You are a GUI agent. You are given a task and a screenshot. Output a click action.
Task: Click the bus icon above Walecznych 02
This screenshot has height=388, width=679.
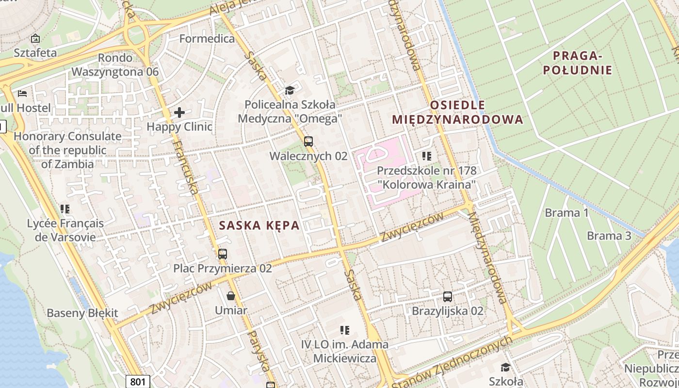tap(308, 142)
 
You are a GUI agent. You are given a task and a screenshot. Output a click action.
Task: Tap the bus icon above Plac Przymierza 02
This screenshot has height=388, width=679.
tap(223, 254)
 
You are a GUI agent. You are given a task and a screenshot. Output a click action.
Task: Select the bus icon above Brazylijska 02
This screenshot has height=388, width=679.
tap(448, 296)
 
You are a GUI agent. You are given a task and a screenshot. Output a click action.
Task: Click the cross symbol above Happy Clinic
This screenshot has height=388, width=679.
tap(179, 113)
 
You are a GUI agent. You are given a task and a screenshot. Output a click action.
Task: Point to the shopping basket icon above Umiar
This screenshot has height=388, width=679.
tap(231, 295)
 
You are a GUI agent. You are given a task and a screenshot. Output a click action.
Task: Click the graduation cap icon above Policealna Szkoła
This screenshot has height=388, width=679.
tap(290, 90)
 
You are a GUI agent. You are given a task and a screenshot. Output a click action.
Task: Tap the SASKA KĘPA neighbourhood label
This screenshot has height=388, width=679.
tap(259, 226)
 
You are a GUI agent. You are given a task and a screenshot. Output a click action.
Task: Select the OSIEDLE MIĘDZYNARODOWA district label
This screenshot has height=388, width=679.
tap(457, 112)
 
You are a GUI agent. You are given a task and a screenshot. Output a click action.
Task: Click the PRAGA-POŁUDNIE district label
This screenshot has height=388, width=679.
tap(577, 63)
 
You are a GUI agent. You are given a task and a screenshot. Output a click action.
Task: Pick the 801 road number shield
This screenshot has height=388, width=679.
tap(138, 382)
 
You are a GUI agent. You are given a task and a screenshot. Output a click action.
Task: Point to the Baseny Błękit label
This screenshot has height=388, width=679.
tap(82, 313)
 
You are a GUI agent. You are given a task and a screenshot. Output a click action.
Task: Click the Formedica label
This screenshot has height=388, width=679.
tap(207, 38)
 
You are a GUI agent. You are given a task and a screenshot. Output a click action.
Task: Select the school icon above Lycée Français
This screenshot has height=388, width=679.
tap(65, 209)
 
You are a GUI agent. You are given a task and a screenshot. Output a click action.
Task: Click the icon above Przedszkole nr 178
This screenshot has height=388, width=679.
tap(427, 156)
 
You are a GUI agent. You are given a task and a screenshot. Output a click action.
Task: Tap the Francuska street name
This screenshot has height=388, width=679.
tap(186, 167)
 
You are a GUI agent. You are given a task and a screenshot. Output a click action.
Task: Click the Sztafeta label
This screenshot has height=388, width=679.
tap(35, 52)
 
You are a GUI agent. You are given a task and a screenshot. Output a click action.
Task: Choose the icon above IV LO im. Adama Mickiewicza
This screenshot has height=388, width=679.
tap(345, 330)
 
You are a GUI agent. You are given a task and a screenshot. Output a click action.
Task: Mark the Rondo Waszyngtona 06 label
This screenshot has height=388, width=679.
tap(115, 65)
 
